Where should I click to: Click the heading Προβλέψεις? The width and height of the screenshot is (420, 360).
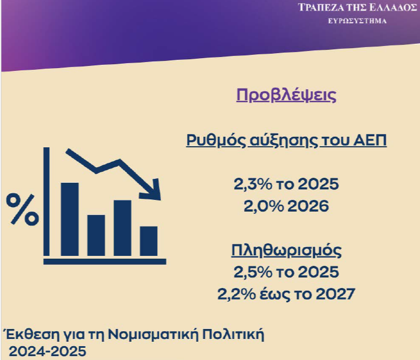[286, 95]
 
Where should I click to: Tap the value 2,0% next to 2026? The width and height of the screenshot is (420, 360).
[262, 207]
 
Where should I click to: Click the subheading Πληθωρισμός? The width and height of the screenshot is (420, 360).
[286, 250]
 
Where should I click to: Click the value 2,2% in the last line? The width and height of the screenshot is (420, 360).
[237, 294]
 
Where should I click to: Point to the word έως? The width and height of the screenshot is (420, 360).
[280, 294]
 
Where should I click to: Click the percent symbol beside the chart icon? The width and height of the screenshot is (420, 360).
[22, 209]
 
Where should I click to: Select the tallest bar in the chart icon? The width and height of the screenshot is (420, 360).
[70, 218]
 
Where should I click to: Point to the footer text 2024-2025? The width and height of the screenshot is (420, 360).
[47, 351]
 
